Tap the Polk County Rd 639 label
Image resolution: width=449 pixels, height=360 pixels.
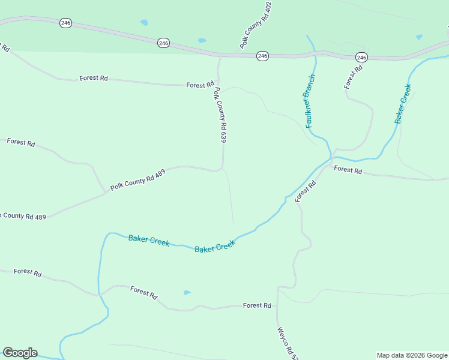click(220, 115)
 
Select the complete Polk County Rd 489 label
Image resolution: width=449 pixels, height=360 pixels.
click(137, 179)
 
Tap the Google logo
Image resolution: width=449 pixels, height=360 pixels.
click(20, 353)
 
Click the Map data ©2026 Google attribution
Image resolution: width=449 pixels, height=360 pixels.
click(412, 355)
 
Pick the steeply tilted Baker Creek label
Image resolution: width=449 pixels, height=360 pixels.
click(403, 104)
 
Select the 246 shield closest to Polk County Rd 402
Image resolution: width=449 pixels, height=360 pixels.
click(262, 56)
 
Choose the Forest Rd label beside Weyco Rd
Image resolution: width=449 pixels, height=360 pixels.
click(257, 305)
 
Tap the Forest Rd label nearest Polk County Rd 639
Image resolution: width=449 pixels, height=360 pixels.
click(200, 85)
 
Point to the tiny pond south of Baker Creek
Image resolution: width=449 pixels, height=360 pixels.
click(187, 293)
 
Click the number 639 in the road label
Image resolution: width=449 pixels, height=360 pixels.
click(223, 136)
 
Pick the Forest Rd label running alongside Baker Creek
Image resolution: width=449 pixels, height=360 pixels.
click(306, 191)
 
